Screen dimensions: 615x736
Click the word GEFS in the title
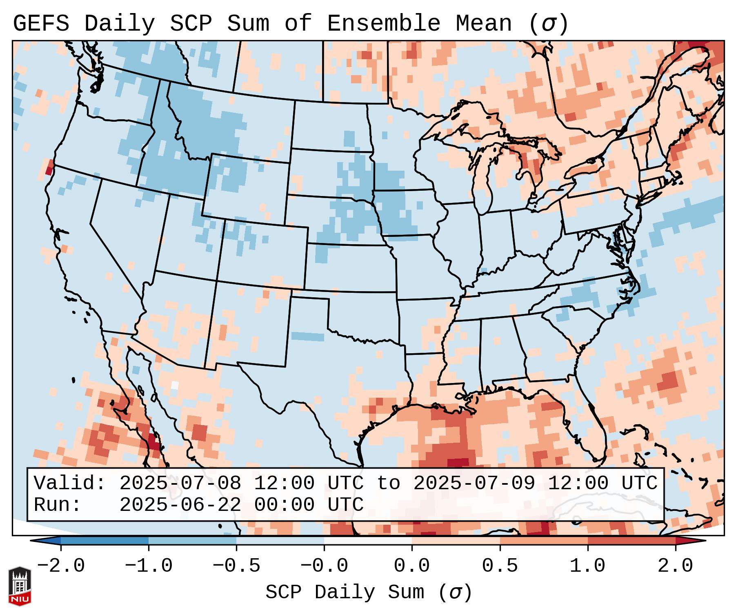click(x=41, y=24)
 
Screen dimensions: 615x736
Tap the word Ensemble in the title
click(x=383, y=24)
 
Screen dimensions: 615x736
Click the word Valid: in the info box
click(x=70, y=484)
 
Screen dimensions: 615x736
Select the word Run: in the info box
click(x=58, y=505)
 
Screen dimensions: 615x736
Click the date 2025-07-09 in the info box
click(x=474, y=484)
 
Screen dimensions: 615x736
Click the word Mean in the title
click(x=483, y=24)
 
